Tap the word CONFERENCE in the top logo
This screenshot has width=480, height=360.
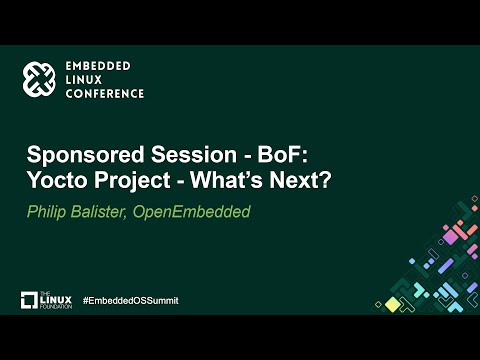[105, 94]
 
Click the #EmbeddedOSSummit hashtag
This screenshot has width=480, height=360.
[129, 301]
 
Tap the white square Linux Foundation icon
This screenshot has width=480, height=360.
[30, 300]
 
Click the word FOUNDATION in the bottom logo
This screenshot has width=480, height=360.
[56, 306]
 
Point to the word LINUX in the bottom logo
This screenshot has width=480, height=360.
[57, 299]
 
